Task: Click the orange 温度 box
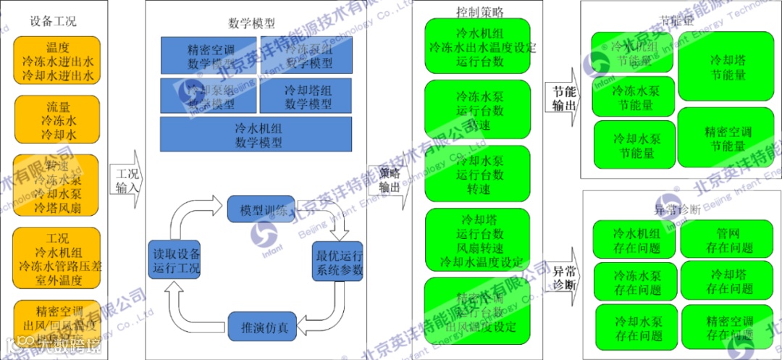(57, 61)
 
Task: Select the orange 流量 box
(57, 120)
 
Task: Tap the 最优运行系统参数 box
(337, 263)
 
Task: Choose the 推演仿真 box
(264, 327)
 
